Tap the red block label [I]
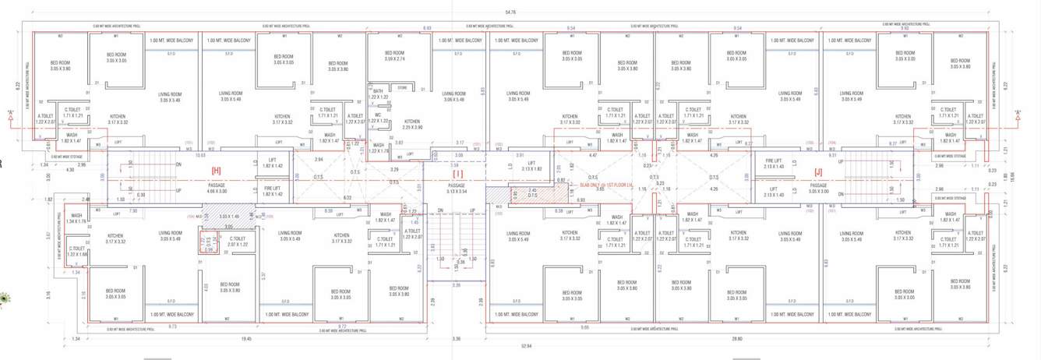[x=457, y=173]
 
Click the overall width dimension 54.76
[x=511, y=12]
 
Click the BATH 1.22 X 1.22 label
[x=377, y=93]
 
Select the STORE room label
[x=402, y=88]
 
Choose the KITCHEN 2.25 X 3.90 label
[x=412, y=124]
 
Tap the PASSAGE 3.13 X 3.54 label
[x=457, y=188]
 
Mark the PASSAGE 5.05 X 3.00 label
[x=817, y=188]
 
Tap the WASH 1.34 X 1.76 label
[x=77, y=218]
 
